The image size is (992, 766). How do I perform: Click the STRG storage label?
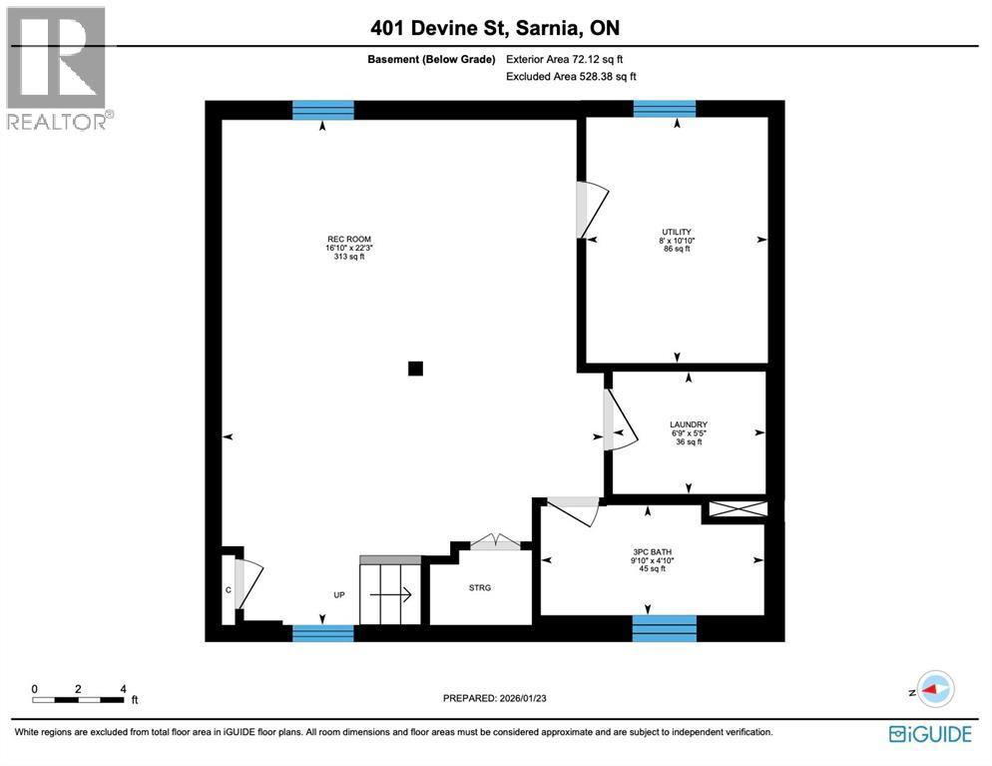click(x=480, y=587)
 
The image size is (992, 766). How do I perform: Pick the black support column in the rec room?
click(x=415, y=369)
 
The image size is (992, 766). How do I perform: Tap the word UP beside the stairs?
click(x=339, y=595)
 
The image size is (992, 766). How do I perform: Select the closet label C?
click(x=228, y=589)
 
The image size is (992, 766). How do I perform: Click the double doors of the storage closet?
click(x=495, y=542)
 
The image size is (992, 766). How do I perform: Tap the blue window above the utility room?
click(x=664, y=109)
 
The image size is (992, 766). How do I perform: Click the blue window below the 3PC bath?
click(x=664, y=628)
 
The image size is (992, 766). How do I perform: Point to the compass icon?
click(x=934, y=689)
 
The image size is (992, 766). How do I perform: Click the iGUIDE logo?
click(x=929, y=734)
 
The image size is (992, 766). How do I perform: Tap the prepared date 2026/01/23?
click(x=495, y=698)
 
